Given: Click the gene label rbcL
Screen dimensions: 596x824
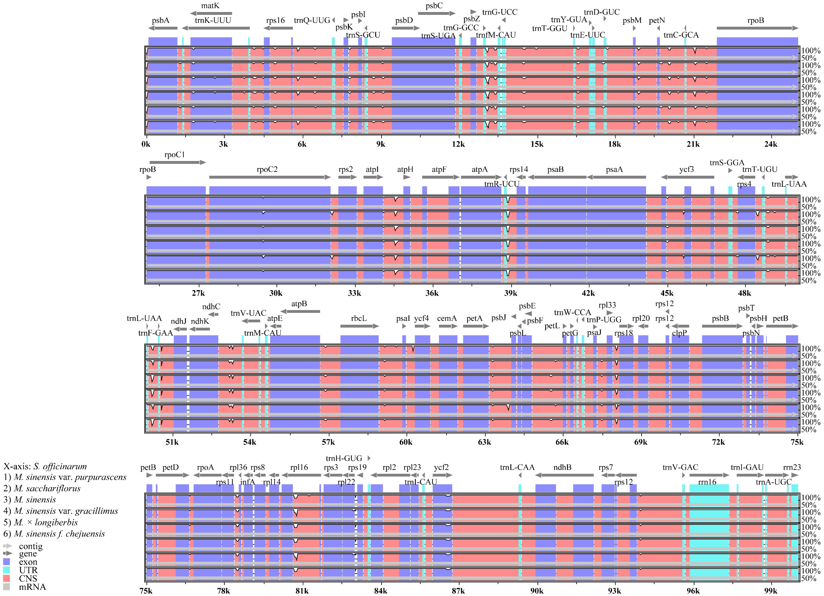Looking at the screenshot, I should [x=359, y=318].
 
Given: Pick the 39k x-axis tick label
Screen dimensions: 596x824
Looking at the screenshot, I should [x=510, y=293].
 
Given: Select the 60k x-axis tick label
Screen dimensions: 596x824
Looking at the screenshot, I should [x=406, y=442].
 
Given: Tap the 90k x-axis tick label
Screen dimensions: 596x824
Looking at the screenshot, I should [x=537, y=591].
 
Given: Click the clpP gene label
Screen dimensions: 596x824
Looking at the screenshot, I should [x=679, y=333].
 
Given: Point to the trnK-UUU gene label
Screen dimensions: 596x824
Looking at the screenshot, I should [x=213, y=20].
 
